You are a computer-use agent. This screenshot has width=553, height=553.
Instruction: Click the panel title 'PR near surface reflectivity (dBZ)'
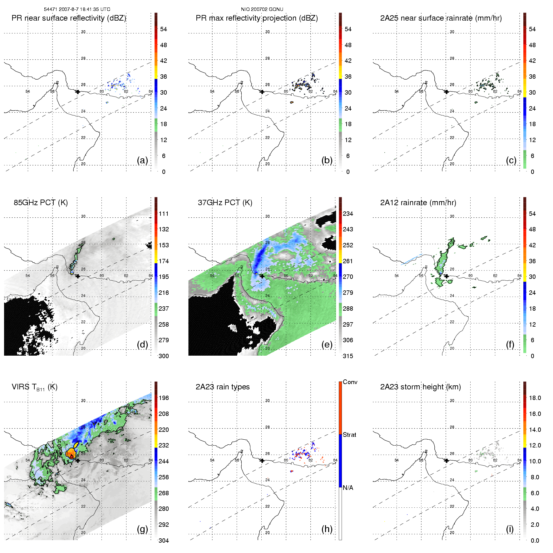click(69, 18)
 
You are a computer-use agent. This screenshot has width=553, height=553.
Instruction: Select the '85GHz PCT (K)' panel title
click(41, 203)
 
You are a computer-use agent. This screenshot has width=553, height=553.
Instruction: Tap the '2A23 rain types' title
click(222, 387)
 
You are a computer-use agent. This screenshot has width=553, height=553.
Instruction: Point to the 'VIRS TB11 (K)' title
click(34, 387)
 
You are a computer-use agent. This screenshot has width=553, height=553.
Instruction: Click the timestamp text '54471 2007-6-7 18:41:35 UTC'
click(77, 9)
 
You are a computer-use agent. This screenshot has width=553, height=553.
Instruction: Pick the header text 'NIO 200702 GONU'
click(262, 9)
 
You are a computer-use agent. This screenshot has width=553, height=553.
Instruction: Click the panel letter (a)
click(142, 160)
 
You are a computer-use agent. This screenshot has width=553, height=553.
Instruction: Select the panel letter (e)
click(327, 345)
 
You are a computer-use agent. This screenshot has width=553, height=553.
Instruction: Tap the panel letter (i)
click(510, 529)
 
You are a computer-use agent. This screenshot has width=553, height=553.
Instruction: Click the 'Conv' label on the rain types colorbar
click(350, 382)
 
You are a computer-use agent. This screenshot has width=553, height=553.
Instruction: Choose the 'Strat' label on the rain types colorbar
click(349, 435)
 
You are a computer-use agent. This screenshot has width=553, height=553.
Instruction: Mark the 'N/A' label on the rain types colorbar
click(348, 488)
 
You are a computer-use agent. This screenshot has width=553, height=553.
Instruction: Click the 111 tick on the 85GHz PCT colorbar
click(164, 214)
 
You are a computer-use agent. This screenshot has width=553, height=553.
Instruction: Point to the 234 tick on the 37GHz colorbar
click(348, 214)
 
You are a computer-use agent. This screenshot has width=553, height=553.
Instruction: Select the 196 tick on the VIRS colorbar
click(164, 398)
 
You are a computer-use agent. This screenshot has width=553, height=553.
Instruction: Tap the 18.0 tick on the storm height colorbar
click(535, 398)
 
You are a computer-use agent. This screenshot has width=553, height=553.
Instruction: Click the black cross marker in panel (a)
click(78, 92)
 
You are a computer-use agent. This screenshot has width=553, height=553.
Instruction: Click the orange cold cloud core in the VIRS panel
click(71, 453)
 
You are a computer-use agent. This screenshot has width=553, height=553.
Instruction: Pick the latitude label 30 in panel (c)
click(452, 32)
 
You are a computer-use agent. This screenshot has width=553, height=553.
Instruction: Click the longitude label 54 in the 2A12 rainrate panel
click(397, 276)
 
